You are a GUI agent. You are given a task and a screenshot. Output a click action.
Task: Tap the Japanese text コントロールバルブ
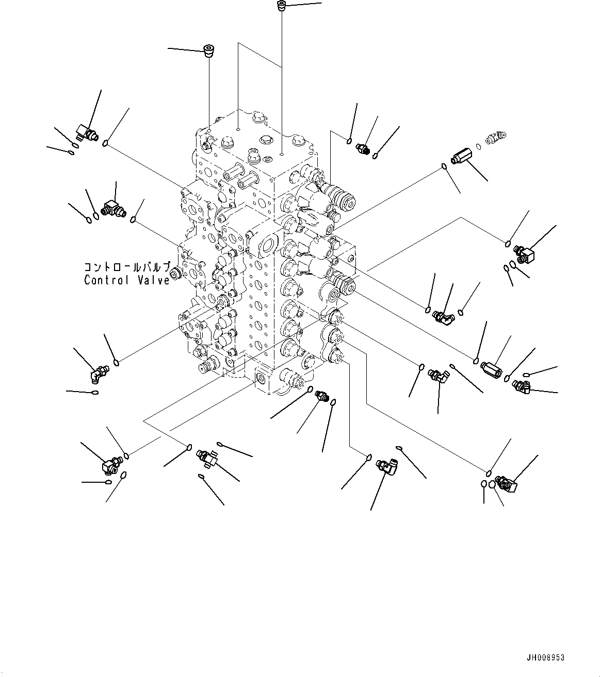pyautogui.click(x=127, y=267)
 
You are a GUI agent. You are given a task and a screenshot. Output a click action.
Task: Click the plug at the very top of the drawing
pyautogui.click(x=281, y=6)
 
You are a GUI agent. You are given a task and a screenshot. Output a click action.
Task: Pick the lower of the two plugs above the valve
pyautogui.click(x=209, y=51)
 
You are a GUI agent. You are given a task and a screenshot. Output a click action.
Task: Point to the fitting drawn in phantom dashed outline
pyautogui.click(x=496, y=137)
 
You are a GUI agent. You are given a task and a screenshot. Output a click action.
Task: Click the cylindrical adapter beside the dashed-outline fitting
pyautogui.click(x=461, y=157)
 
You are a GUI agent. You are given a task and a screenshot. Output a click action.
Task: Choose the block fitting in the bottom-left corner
pyautogui.click(x=111, y=465)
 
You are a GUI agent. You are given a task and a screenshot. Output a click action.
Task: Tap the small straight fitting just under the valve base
pyautogui.click(x=322, y=396)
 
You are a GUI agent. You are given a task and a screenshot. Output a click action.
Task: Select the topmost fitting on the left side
pyautogui.click(x=87, y=132)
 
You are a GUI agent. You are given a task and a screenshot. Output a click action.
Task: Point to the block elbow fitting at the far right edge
pyautogui.click(x=524, y=255)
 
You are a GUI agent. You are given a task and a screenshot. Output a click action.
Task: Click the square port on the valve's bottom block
pyautogui.click(x=261, y=377)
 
